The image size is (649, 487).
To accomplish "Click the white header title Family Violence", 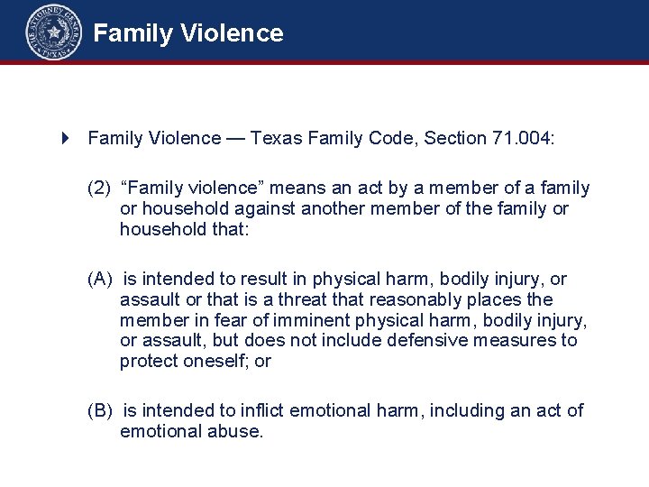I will [x=188, y=34].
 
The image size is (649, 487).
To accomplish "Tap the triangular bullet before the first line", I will [x=65, y=138].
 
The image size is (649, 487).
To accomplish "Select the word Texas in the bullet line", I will [x=276, y=138].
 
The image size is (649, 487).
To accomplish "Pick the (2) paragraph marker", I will [x=98, y=188].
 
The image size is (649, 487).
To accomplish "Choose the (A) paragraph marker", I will [x=99, y=280].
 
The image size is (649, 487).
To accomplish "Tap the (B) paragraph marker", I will [x=99, y=411].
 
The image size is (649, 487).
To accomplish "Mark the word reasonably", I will [x=434, y=299].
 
